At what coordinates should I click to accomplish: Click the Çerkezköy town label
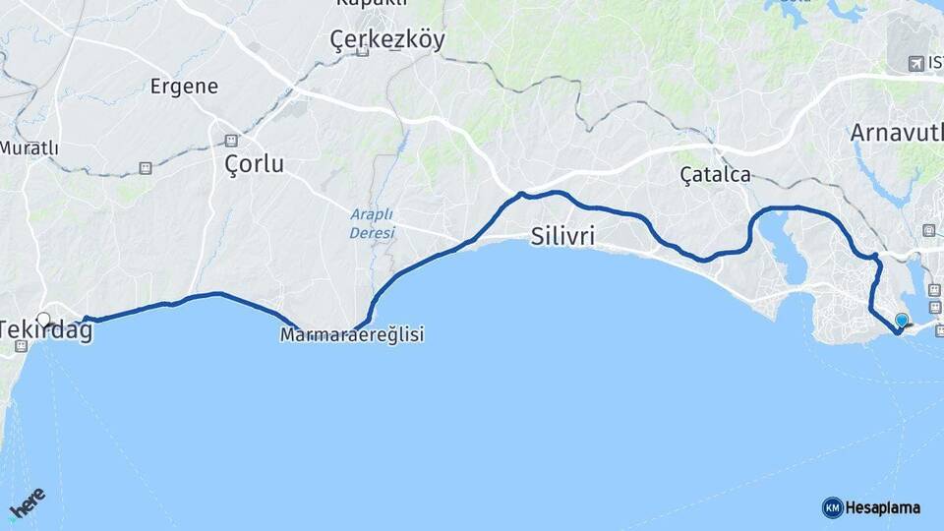click(x=386, y=39)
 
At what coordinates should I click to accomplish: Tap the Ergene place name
click(x=184, y=86)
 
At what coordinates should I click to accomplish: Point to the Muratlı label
click(x=29, y=147)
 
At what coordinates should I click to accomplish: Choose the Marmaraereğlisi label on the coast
click(x=352, y=335)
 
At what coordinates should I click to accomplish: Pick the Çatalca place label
click(x=715, y=175)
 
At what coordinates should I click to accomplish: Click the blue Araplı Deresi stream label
click(x=372, y=223)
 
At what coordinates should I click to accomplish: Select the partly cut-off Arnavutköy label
click(x=896, y=132)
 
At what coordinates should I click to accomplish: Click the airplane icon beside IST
click(x=916, y=63)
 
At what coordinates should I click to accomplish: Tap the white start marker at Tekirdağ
click(x=43, y=319)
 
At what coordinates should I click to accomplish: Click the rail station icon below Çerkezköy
click(x=363, y=51)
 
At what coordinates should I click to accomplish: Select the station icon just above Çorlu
click(x=231, y=140)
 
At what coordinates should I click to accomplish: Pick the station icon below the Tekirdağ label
click(x=21, y=346)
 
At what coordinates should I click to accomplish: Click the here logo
click(x=27, y=504)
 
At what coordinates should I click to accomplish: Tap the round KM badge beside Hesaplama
click(x=832, y=507)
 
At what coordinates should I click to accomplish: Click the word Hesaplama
click(x=883, y=507)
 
